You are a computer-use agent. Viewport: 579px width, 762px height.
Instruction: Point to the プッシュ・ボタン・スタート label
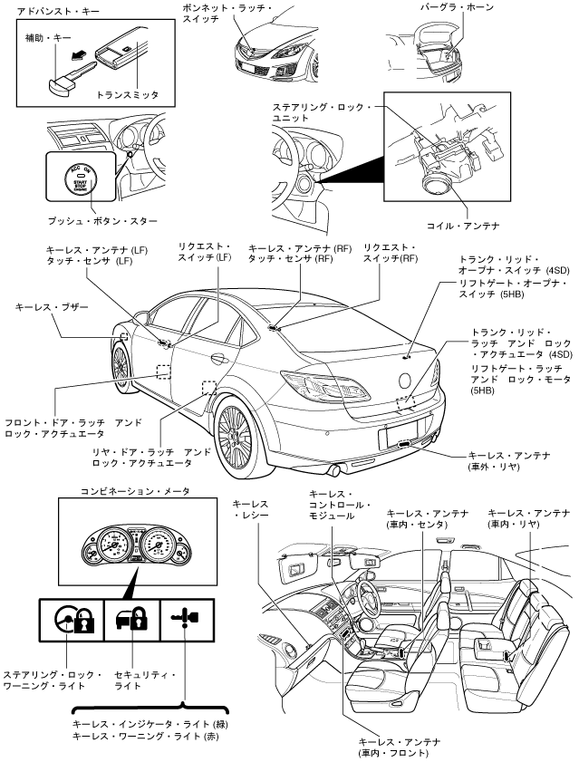coord(102,220)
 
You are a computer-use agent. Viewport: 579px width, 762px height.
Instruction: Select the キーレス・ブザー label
coord(53,308)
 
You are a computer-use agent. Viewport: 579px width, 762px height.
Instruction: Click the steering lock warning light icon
coord(72,622)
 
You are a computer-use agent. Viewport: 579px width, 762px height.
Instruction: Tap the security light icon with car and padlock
coord(131,622)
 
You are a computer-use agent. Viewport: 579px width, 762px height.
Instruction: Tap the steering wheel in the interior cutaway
coord(371,593)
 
